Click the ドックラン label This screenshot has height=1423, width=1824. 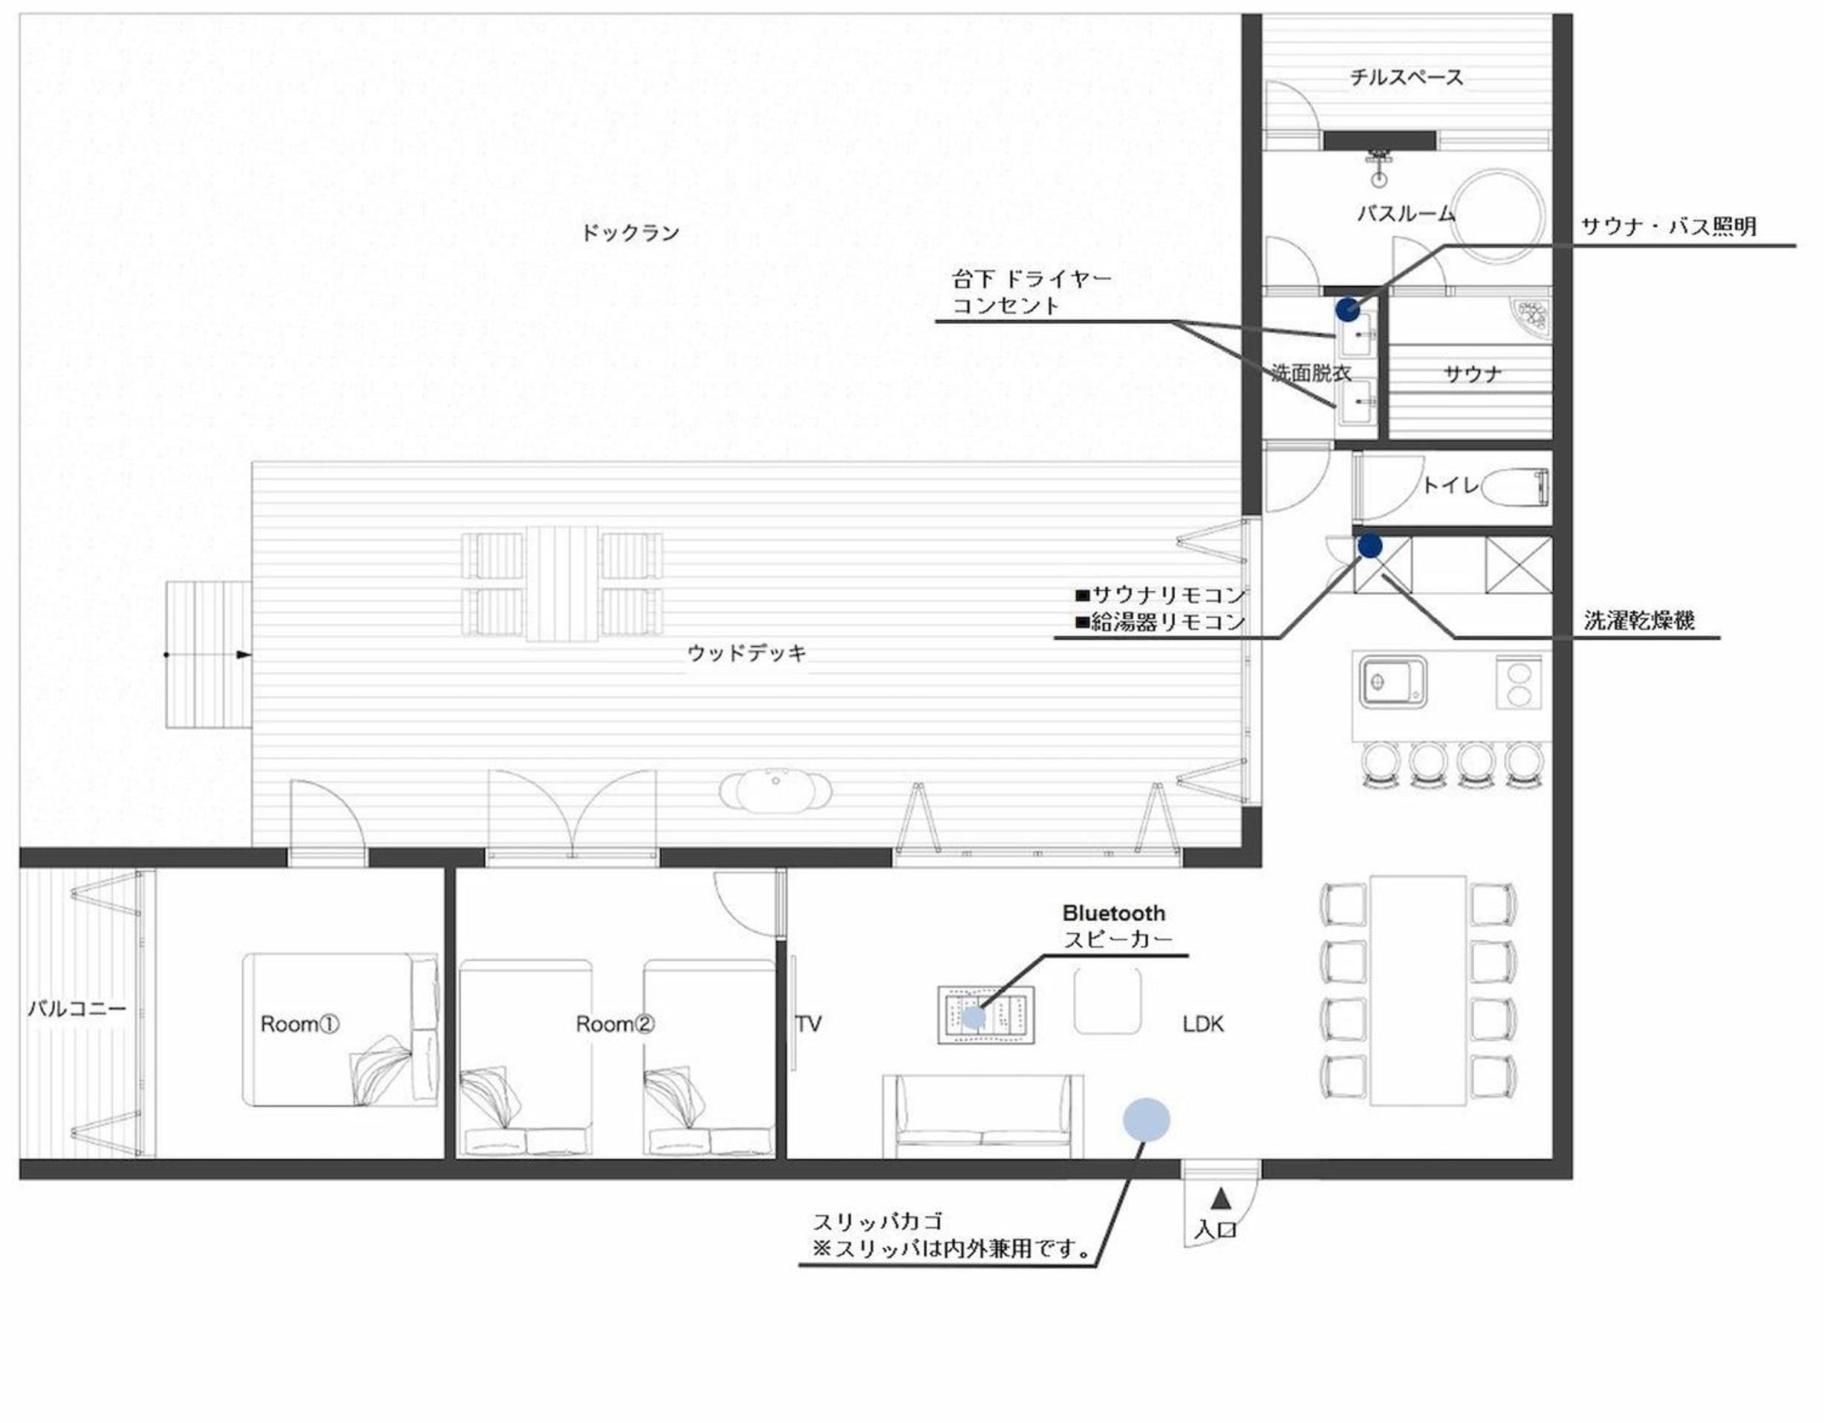[631, 233]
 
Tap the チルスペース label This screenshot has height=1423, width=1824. [1407, 78]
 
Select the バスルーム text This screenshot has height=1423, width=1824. [1406, 214]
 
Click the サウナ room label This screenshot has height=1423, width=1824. [1473, 374]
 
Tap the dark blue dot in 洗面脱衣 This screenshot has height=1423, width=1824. [1347, 310]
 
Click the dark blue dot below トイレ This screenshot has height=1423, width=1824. [1369, 546]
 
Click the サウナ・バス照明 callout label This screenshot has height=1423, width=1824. [1669, 227]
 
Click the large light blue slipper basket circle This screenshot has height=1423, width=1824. [1146, 1120]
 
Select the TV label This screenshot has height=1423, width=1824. [809, 1024]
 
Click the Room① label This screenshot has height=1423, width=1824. [300, 1024]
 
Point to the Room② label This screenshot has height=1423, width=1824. [616, 1024]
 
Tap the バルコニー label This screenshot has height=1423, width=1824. [76, 1009]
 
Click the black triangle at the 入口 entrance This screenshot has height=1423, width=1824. [1221, 1199]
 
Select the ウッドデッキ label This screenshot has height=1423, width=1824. [747, 653]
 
